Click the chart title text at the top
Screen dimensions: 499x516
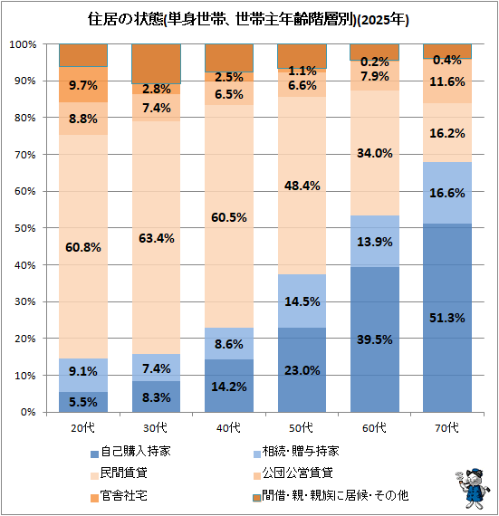click(x=248, y=20)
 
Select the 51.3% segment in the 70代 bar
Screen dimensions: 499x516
click(x=447, y=318)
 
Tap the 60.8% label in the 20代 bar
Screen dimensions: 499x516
click(x=83, y=247)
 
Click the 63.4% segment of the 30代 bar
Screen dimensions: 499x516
click(x=156, y=237)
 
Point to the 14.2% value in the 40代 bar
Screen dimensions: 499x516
click(x=229, y=387)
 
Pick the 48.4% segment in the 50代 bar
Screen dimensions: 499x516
click(x=302, y=186)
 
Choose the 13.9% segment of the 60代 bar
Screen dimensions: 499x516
click(x=375, y=241)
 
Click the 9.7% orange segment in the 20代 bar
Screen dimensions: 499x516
click(x=83, y=84)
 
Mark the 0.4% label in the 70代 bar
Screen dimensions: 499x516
click(x=447, y=60)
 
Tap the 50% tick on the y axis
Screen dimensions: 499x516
click(x=25, y=228)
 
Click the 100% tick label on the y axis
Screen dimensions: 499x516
click(x=23, y=44)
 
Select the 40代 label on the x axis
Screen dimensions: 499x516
click(x=228, y=428)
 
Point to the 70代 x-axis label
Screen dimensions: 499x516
click(x=447, y=428)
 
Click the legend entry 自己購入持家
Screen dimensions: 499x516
click(x=130, y=451)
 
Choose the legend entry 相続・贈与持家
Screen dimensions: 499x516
click(x=296, y=451)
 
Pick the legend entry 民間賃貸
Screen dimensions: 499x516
click(x=119, y=473)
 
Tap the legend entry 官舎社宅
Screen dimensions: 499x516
click(x=119, y=495)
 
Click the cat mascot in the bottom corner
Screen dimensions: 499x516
click(x=473, y=488)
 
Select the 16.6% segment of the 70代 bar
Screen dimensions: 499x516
click(x=447, y=193)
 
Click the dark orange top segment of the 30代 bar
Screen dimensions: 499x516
click(x=156, y=64)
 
